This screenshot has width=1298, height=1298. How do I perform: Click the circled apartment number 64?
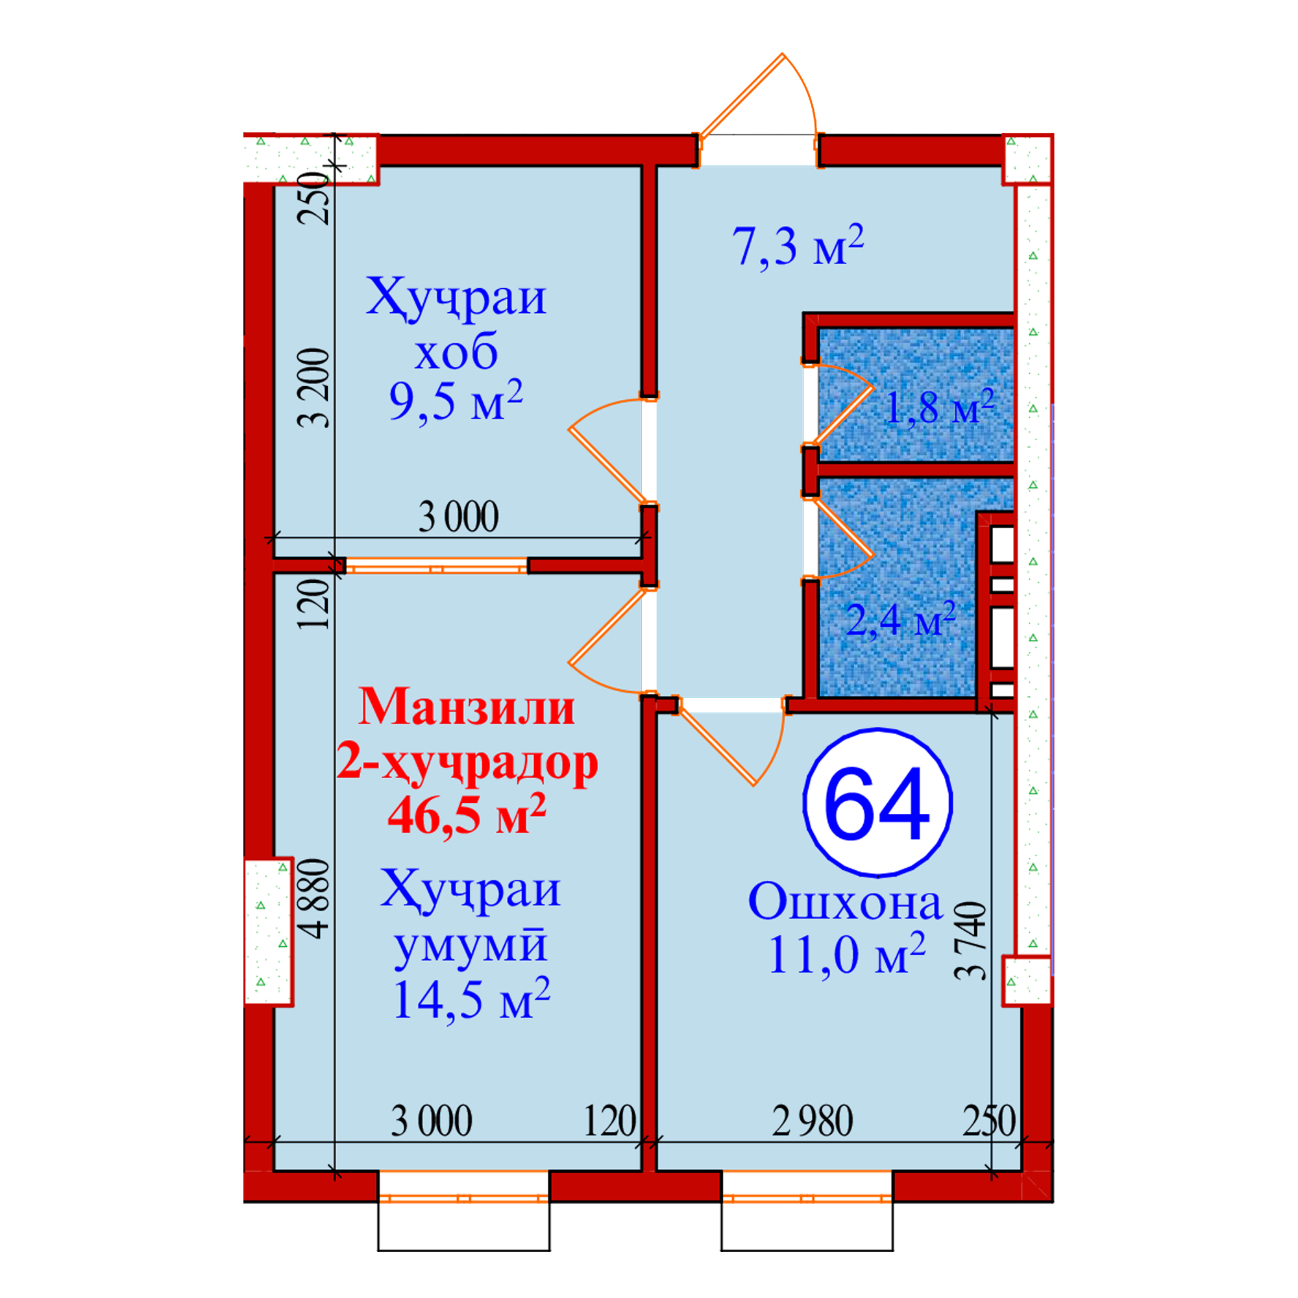[877, 803]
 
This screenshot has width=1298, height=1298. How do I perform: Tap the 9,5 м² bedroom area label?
[456, 402]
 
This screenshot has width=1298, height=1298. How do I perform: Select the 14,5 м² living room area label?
[472, 999]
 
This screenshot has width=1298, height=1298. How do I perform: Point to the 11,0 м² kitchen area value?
[847, 953]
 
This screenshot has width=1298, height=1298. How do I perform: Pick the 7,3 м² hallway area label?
[798, 245]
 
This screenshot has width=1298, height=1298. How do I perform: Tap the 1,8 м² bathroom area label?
[939, 406]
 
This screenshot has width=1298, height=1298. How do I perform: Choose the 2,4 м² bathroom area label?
[900, 618]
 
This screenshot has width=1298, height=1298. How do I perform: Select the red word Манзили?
[466, 707]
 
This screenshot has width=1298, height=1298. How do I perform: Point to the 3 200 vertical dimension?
[314, 387]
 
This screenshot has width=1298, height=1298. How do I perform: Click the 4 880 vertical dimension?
[314, 898]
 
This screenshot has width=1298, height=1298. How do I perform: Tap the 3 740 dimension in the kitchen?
[971, 940]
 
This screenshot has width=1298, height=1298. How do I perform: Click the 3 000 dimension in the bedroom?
[459, 517]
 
